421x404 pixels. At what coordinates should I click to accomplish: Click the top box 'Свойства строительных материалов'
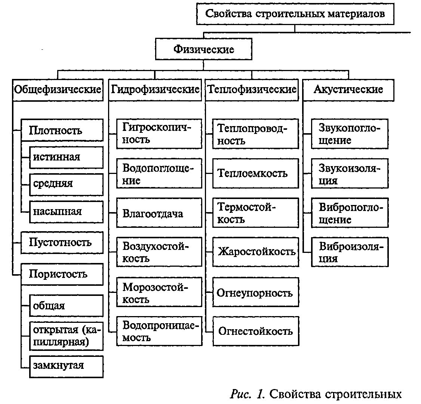pos(295,14)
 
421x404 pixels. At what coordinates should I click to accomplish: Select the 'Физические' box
pos(203,49)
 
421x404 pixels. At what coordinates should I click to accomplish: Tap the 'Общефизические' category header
pos(58,90)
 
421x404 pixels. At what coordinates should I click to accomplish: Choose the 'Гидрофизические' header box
pos(155,90)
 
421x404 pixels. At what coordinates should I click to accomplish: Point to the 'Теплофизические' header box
pos(252,90)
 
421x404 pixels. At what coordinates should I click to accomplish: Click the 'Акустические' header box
pos(348,90)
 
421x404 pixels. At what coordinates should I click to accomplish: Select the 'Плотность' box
pos(62,130)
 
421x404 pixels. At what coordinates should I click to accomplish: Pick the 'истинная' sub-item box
pos(66,157)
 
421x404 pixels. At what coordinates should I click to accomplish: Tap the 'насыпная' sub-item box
pos(66,212)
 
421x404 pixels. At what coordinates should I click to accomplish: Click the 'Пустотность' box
pos(62,242)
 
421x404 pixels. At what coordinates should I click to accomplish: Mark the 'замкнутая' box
pos(66,367)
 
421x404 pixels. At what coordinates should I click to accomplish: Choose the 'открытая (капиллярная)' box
pos(66,336)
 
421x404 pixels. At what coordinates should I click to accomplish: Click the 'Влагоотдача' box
pos(159,213)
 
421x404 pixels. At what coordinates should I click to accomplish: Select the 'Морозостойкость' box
pos(159,292)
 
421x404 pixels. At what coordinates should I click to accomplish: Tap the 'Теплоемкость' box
pos(256,173)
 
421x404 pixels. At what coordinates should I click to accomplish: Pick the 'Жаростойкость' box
pos(256,252)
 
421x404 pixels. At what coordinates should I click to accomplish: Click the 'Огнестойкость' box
pos(256,331)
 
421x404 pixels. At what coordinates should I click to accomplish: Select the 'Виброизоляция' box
pos(350,252)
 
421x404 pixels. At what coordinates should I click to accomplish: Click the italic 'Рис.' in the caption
pos(240,394)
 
